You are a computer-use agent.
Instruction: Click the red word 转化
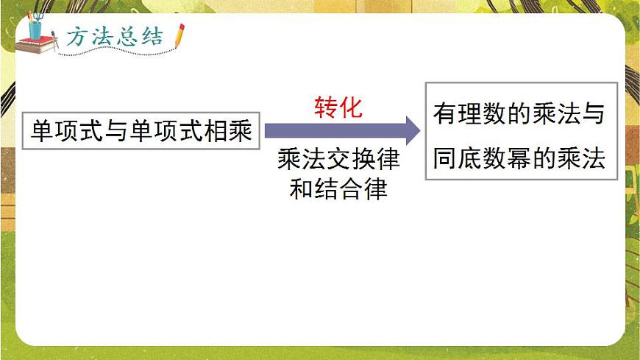pyautogui.click(x=338, y=108)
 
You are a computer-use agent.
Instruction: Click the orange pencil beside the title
pyautogui.click(x=179, y=36)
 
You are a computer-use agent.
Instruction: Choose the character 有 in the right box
pyautogui.click(x=444, y=115)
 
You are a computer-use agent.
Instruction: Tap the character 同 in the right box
pyautogui.click(x=444, y=159)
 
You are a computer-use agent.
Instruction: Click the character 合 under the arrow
pyautogui.click(x=351, y=189)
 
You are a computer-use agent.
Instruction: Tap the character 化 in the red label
pyautogui.click(x=351, y=108)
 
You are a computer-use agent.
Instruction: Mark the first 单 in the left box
pyautogui.click(x=42, y=132)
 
